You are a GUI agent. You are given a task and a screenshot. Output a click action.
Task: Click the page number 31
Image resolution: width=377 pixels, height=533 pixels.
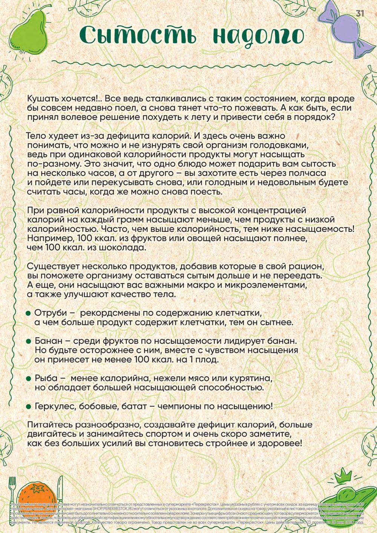[360, 13]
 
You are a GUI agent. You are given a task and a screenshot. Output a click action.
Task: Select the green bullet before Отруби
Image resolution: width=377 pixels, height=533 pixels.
[28, 314]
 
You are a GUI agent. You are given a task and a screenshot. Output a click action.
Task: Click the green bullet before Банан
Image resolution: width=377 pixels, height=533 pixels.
[28, 341]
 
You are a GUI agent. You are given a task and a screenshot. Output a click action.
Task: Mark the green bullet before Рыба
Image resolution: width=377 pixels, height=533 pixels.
[28, 378]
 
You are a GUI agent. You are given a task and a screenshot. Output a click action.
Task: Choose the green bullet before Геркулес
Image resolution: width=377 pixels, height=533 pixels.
[28, 406]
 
